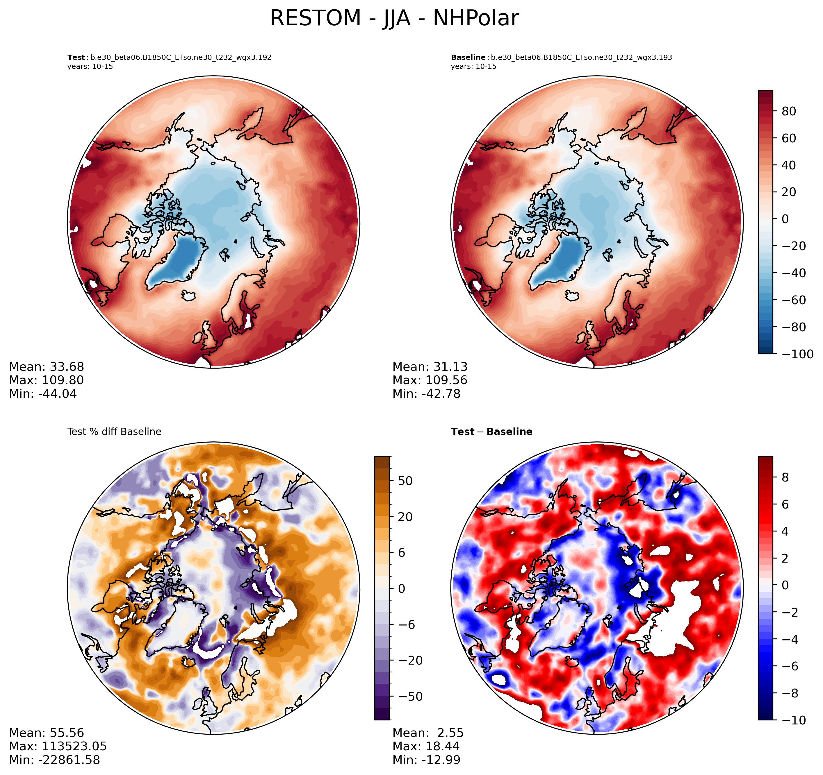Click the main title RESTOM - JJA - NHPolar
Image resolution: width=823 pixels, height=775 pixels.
tap(394, 19)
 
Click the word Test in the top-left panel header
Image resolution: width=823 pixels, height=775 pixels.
tap(76, 58)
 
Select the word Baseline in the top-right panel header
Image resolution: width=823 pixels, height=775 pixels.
tap(468, 58)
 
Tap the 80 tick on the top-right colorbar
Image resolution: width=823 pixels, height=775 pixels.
tap(789, 111)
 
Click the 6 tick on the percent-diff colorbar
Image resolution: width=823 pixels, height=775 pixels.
tap(402, 553)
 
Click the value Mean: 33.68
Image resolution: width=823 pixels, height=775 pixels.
tap(46, 367)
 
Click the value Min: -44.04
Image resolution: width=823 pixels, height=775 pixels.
tap(43, 394)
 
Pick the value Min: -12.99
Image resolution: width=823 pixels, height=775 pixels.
tap(426, 760)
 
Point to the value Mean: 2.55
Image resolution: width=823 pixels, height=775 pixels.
tap(428, 733)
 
